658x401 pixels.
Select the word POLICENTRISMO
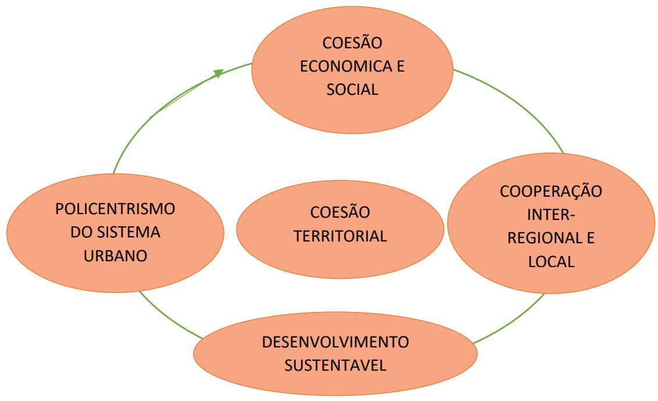tap(116, 208)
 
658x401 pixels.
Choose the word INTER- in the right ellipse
tap(552, 216)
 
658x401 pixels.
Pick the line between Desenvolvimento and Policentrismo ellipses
tap(169, 319)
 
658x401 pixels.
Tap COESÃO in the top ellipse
tap(352, 44)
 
